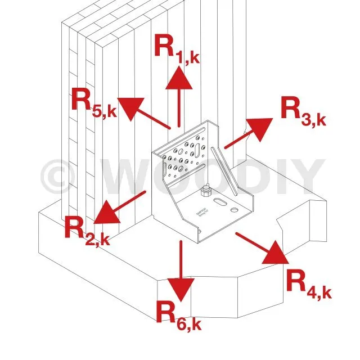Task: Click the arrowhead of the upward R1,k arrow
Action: [x=179, y=78]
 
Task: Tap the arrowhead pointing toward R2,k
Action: [x=103, y=213]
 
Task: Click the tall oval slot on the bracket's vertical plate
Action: [x=200, y=151]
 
